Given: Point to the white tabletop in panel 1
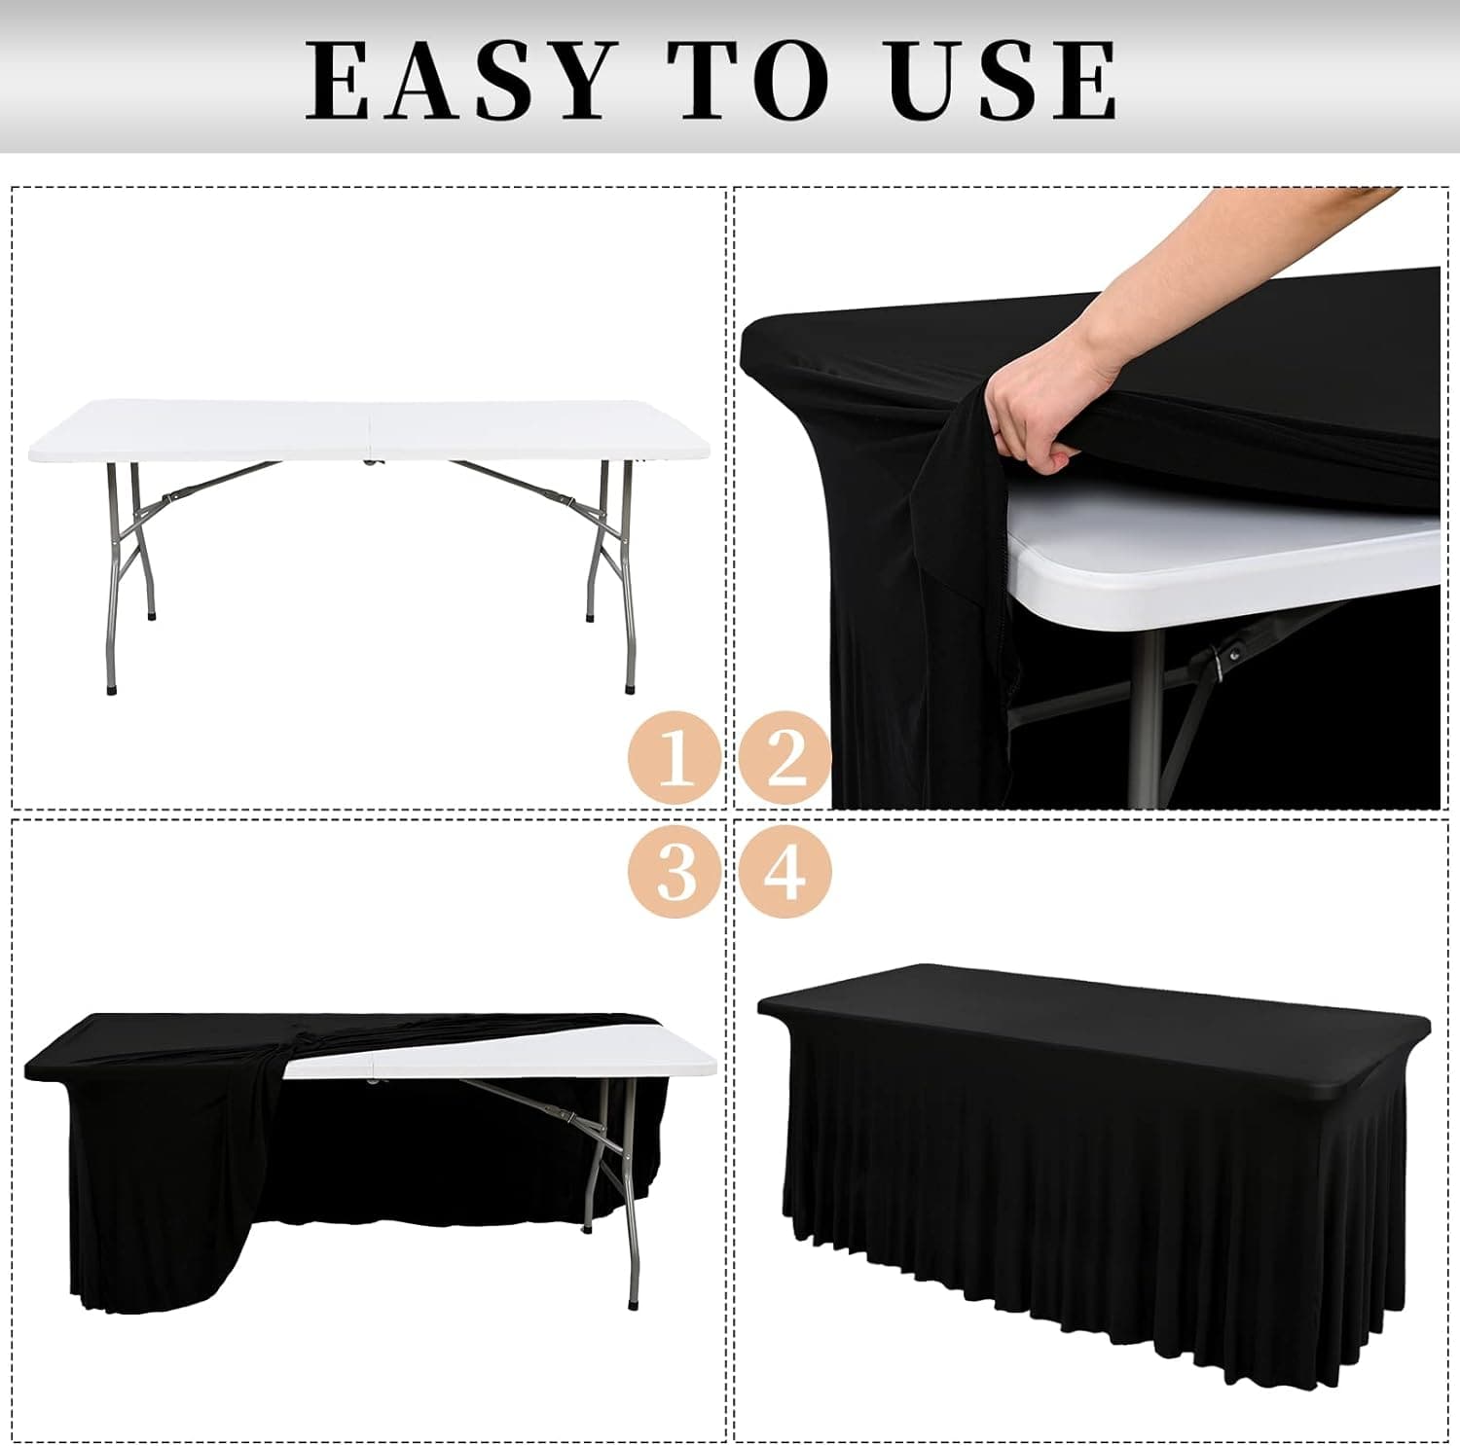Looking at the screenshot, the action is pyautogui.click(x=370, y=430).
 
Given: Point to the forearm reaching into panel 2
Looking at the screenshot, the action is pyautogui.click(x=1217, y=263).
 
